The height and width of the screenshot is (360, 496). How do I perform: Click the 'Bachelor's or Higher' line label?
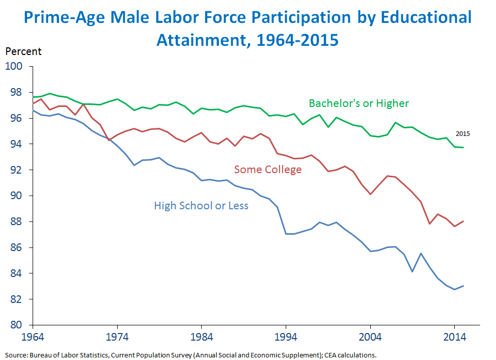click(x=359, y=104)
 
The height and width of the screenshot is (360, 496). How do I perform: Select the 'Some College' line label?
click(x=267, y=170)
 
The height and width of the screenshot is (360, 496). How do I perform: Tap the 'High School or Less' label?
click(x=201, y=206)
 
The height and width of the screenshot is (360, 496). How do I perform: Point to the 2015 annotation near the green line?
click(x=463, y=134)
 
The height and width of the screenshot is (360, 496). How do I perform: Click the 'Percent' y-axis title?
click(x=23, y=51)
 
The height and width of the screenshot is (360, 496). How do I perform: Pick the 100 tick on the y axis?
click(x=19, y=66)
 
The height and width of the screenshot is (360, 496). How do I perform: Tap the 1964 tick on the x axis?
click(x=33, y=337)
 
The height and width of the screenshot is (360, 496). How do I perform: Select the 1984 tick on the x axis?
click(x=202, y=337)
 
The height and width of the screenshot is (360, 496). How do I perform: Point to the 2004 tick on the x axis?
click(x=370, y=337)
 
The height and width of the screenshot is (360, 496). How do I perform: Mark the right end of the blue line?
click(x=463, y=286)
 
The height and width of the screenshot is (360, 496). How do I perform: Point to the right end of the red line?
click(x=463, y=221)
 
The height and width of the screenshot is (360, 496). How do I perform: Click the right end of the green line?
click(x=463, y=147)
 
